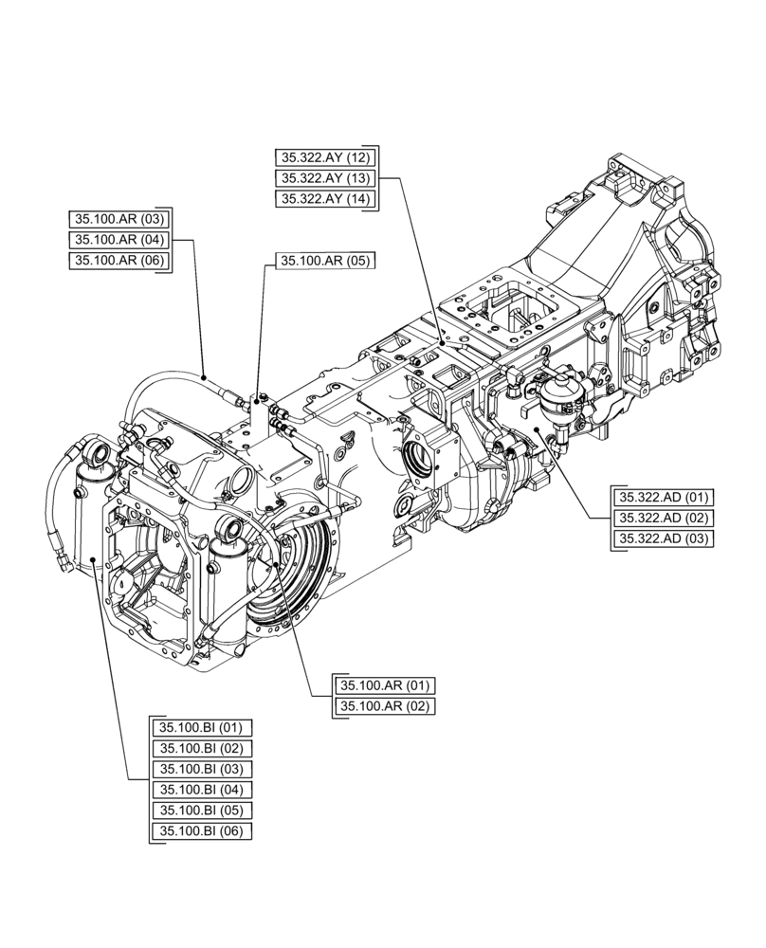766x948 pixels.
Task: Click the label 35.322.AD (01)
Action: tap(665, 498)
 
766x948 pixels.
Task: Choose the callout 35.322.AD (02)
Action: tap(665, 519)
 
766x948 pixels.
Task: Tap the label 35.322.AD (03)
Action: tap(665, 539)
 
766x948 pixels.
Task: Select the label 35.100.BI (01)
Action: tap(202, 729)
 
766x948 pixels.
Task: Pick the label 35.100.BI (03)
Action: tap(202, 770)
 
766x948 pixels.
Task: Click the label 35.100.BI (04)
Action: tap(202, 791)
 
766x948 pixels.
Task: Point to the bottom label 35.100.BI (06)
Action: tap(202, 832)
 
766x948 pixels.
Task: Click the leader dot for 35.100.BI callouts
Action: tap(94, 560)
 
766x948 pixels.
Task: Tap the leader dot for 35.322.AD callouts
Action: tap(538, 429)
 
